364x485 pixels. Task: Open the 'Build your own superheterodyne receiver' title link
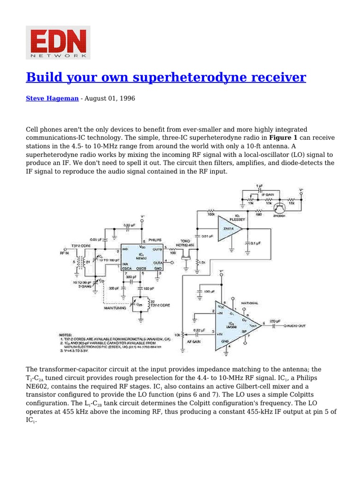pos(166,77)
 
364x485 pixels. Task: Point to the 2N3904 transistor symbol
pos(281,207)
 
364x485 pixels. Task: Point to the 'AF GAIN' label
pos(195,341)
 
